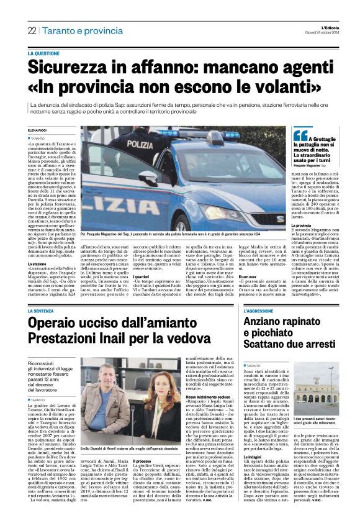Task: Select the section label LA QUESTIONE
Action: [x=60, y=54]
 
